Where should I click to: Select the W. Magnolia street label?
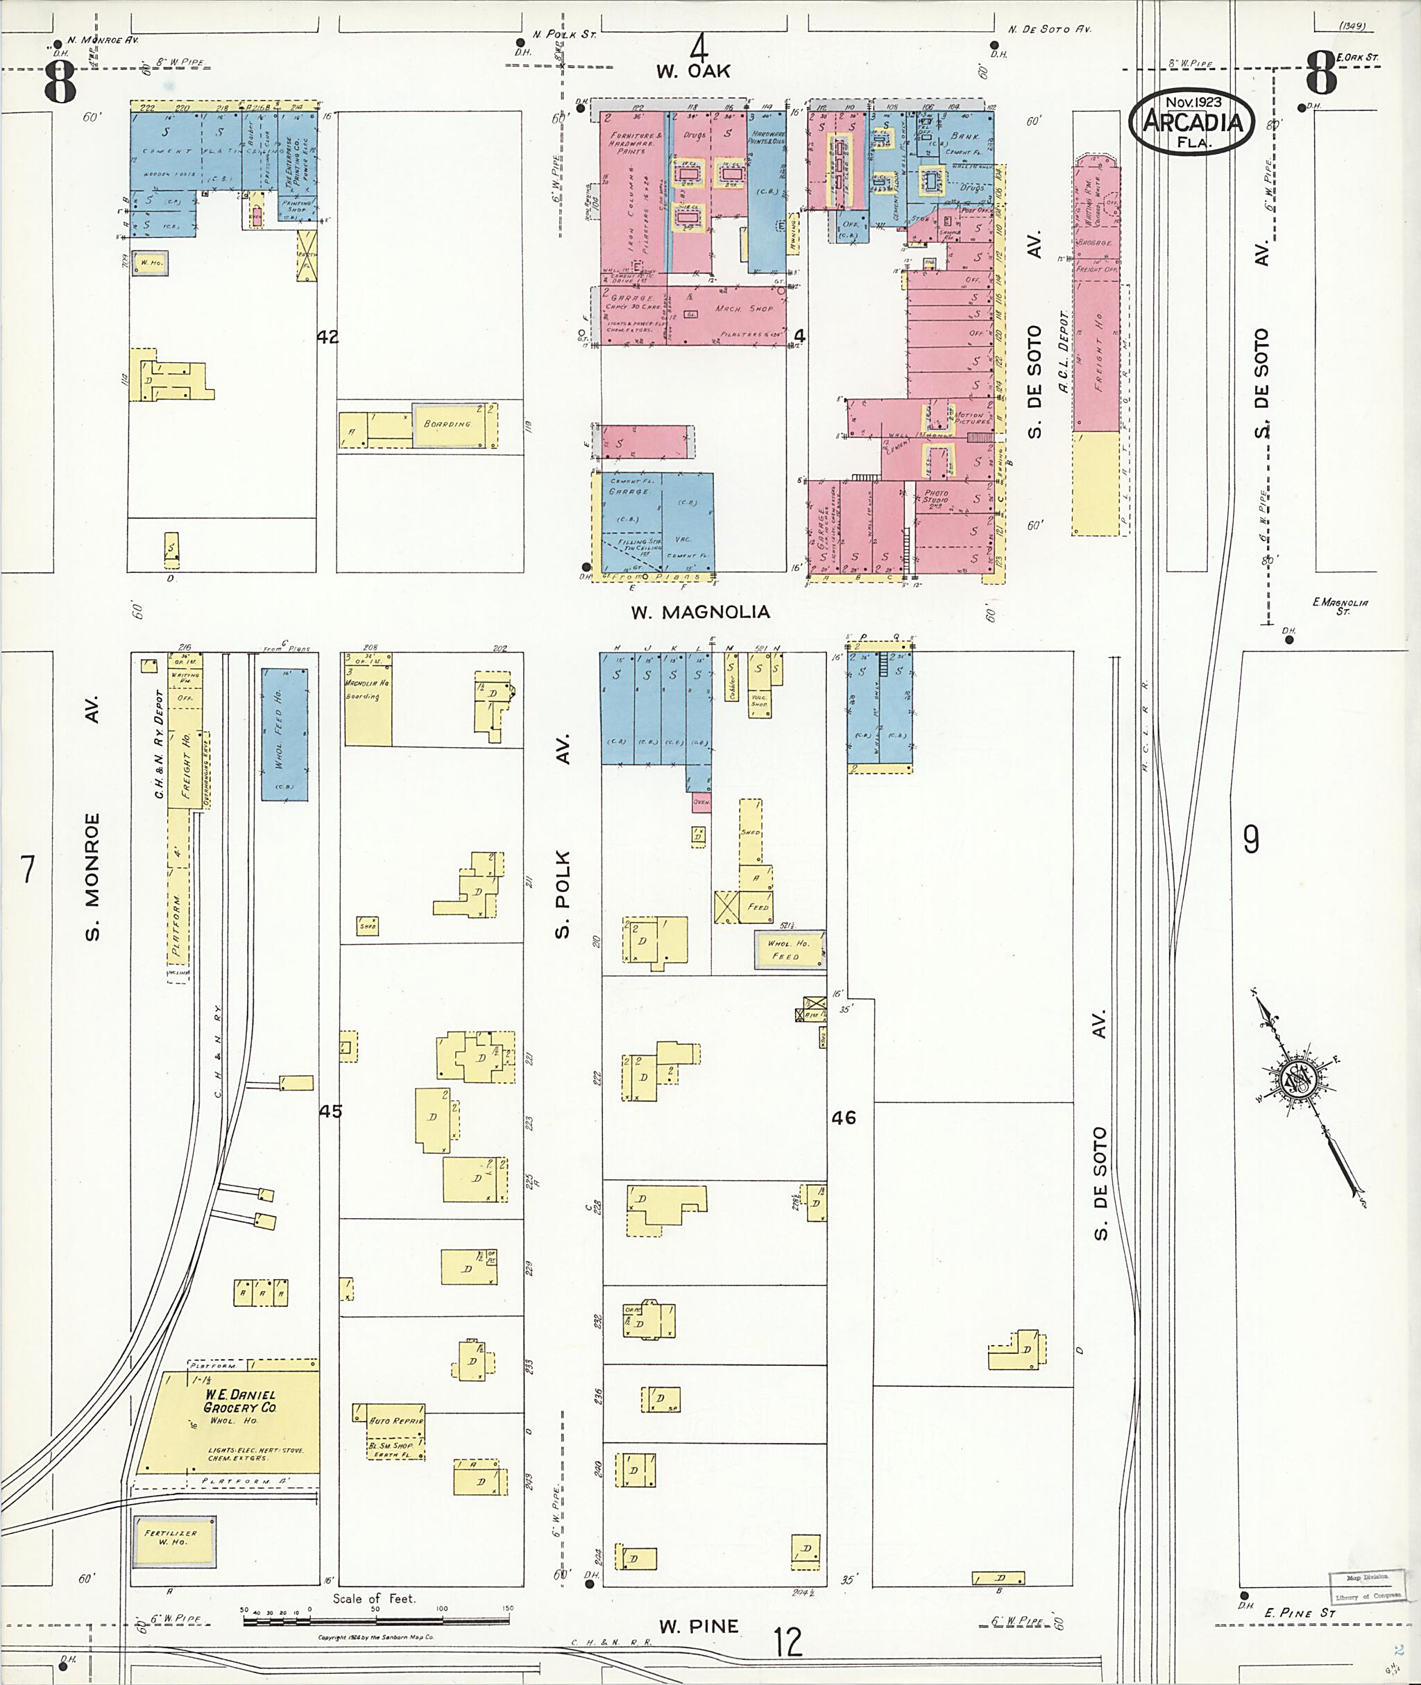click(x=700, y=612)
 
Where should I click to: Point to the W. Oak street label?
click(x=692, y=71)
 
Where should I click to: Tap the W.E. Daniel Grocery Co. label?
click(x=239, y=1401)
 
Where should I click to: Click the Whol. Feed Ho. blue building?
click(x=284, y=733)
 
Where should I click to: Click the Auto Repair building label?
click(x=395, y=1421)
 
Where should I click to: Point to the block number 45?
click(x=330, y=1111)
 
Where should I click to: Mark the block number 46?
click(x=844, y=1117)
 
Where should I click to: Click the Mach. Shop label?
click(x=744, y=309)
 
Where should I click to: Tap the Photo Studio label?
click(x=936, y=496)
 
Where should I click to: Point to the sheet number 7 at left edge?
click(x=28, y=870)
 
